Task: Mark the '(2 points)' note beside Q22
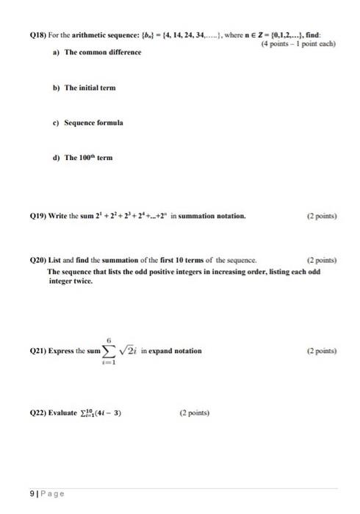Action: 193,413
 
